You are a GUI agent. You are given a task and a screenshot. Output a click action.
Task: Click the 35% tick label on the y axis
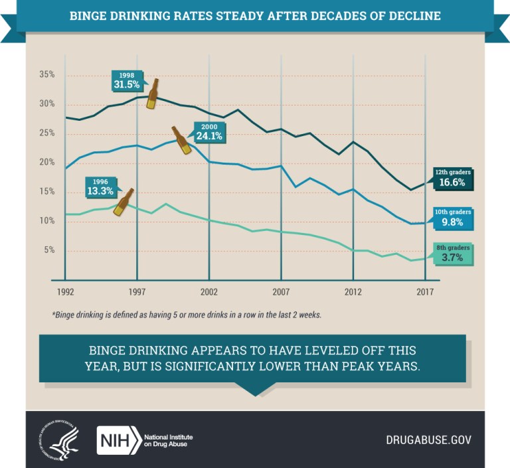click(46, 74)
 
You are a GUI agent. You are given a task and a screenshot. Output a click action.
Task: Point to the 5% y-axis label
click(48, 250)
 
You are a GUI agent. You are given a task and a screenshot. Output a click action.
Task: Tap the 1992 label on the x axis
click(65, 292)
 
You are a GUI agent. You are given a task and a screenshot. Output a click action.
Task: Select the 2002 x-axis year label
click(209, 292)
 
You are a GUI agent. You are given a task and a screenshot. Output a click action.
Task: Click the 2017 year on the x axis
click(425, 292)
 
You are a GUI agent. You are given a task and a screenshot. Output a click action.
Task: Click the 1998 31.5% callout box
click(127, 80)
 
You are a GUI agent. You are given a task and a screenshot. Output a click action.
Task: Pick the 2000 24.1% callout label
click(208, 131)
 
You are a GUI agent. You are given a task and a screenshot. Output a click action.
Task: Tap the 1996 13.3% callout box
click(100, 186)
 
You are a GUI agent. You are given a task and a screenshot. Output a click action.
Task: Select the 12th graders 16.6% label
click(453, 179)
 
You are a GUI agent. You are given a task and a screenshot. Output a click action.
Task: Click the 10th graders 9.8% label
click(453, 218)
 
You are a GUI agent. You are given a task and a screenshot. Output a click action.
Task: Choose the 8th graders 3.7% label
click(453, 254)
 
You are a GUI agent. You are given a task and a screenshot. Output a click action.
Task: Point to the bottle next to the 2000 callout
click(181, 140)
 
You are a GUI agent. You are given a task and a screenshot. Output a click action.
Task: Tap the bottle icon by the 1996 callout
click(124, 202)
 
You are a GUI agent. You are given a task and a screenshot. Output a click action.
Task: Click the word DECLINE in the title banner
click(413, 15)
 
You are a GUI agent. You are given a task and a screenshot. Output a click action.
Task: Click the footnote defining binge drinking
click(187, 315)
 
